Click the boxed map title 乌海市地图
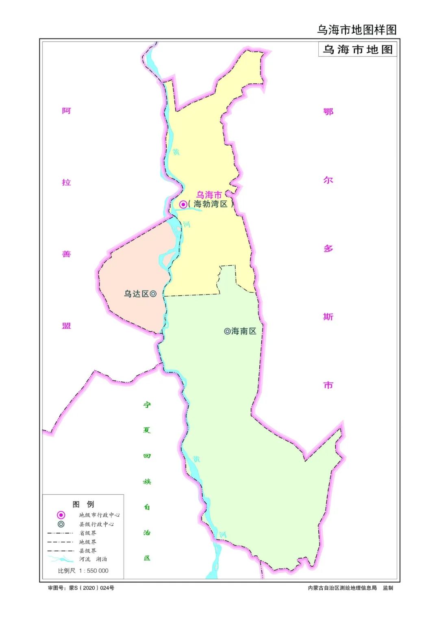click(x=357, y=50)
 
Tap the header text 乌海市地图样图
click(x=356, y=30)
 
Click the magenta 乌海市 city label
click(x=209, y=195)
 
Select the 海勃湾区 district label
click(x=210, y=204)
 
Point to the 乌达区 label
click(x=137, y=294)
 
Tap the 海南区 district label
click(x=244, y=331)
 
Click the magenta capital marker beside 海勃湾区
click(x=183, y=204)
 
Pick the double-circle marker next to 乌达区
click(x=153, y=294)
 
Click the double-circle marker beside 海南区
click(x=227, y=331)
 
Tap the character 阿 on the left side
click(x=66, y=111)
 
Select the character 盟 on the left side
click(x=66, y=326)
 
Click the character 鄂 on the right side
click(x=328, y=112)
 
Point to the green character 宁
click(x=147, y=405)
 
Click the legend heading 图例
click(x=83, y=504)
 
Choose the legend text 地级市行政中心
click(x=99, y=515)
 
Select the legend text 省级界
click(x=88, y=533)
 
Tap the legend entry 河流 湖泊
click(x=93, y=559)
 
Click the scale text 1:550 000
click(x=94, y=571)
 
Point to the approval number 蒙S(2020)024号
click(x=91, y=588)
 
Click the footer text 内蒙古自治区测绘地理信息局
click(x=342, y=588)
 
